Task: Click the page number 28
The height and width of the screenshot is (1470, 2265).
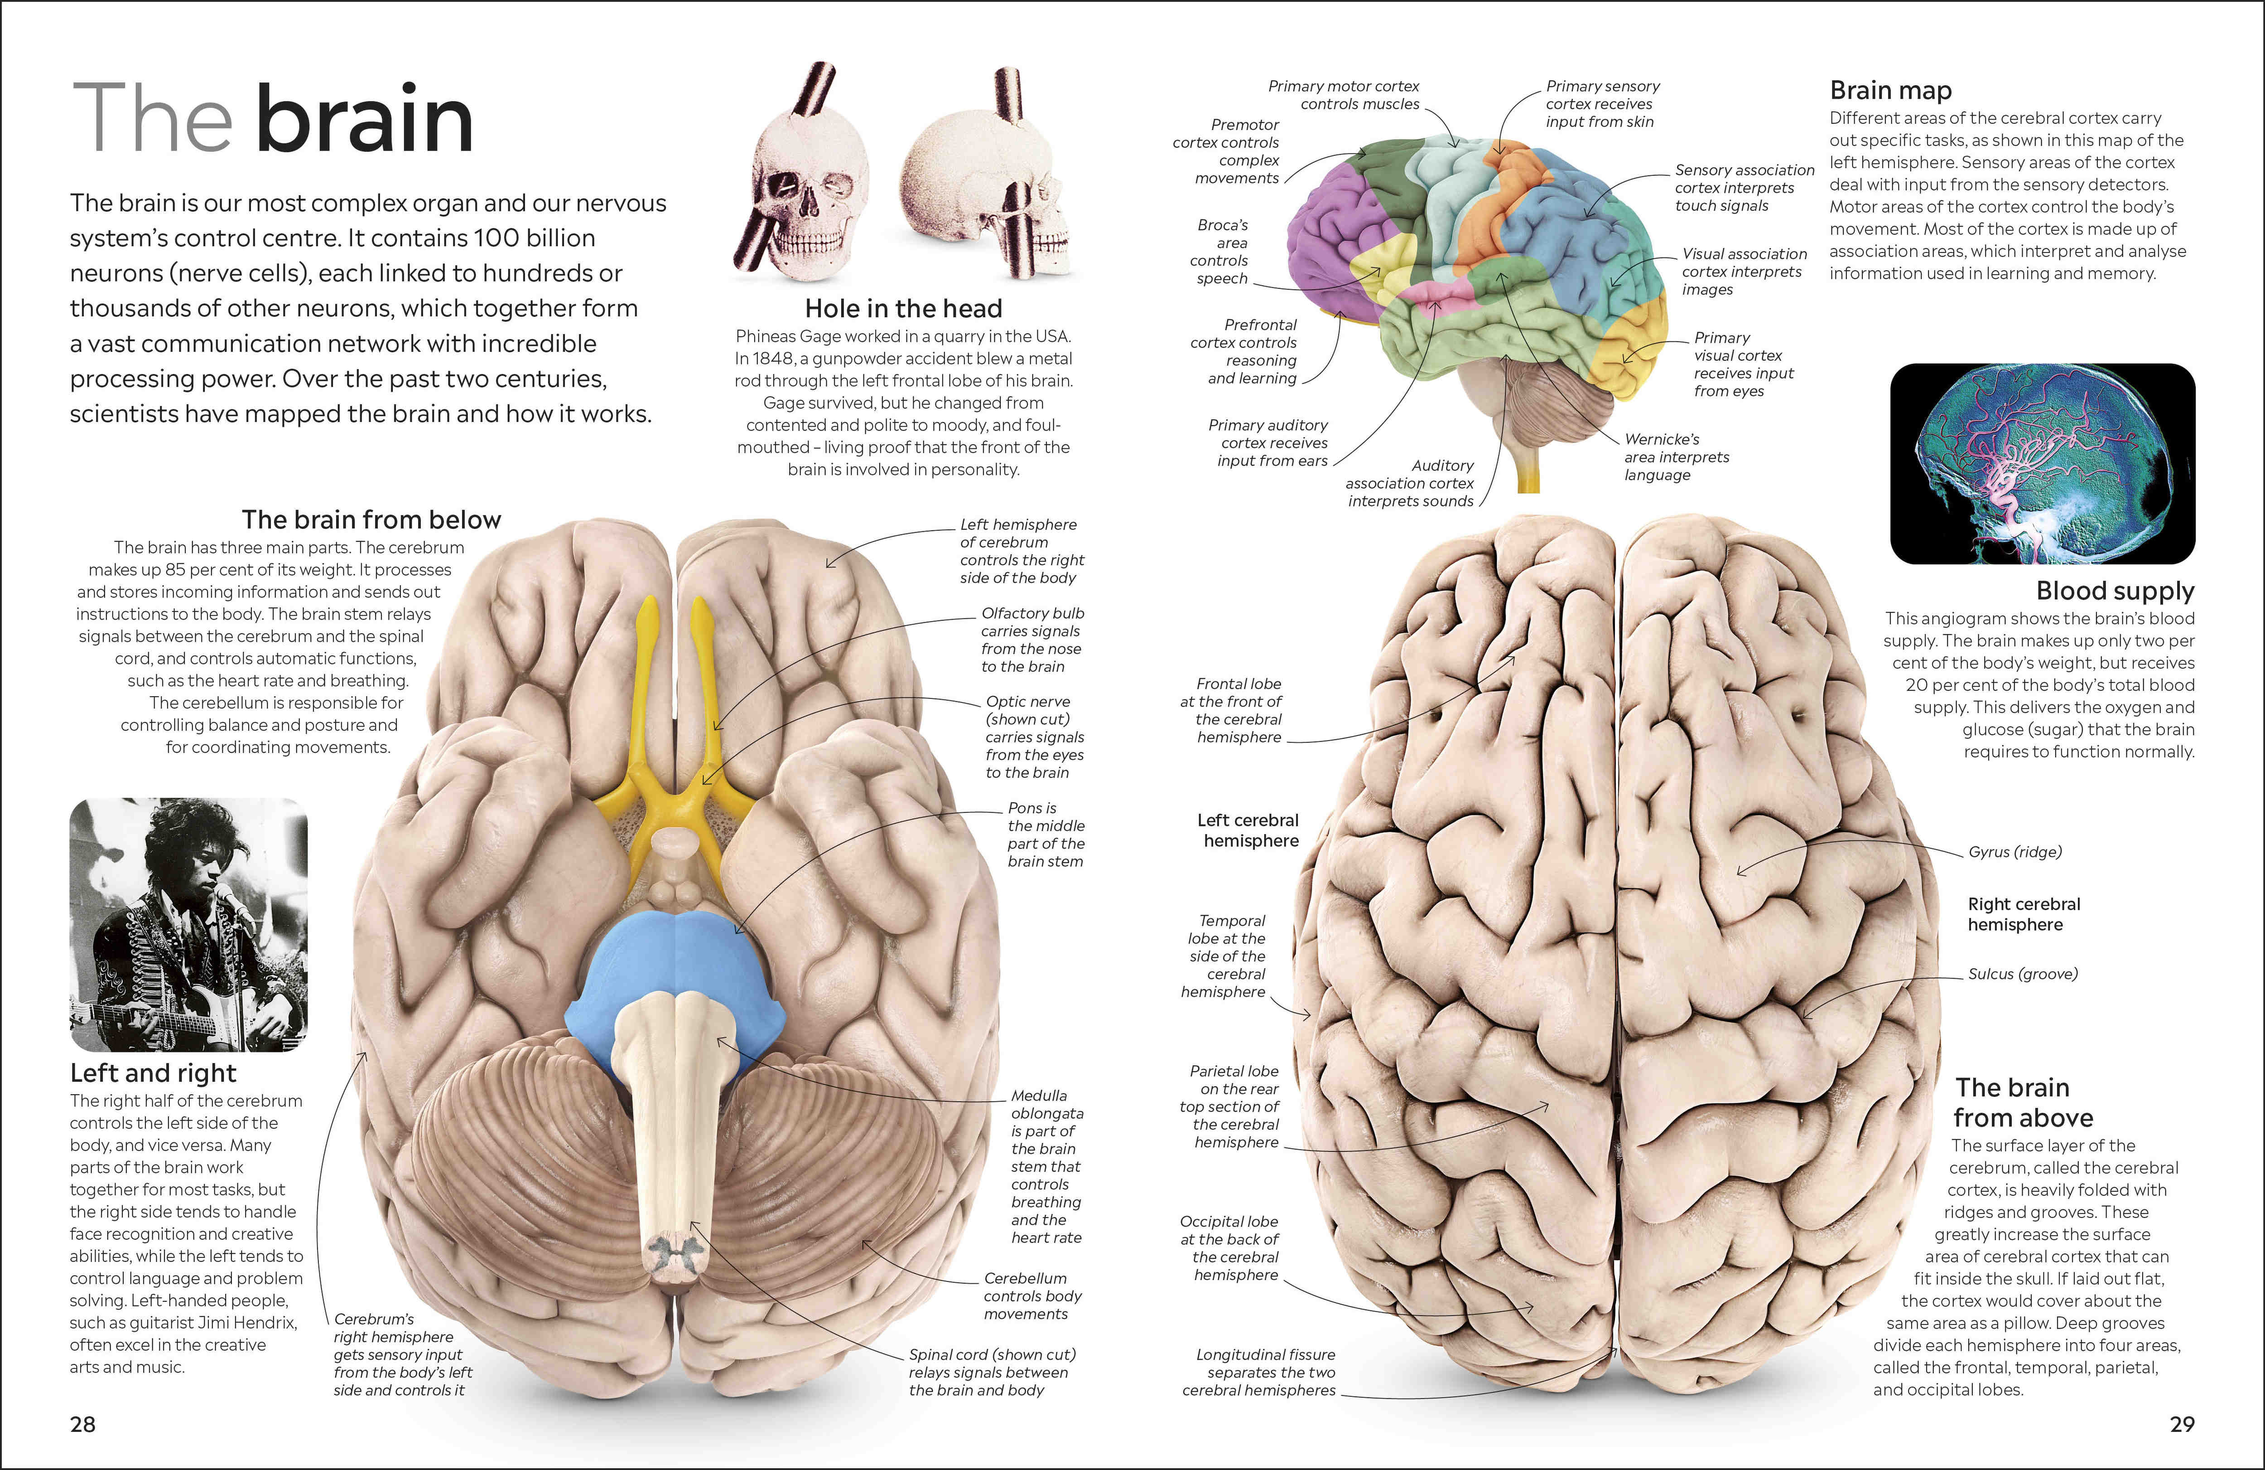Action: click(x=83, y=1424)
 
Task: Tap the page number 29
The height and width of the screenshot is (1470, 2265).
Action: click(x=2182, y=1424)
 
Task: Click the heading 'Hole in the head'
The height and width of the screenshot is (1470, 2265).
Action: click(x=903, y=309)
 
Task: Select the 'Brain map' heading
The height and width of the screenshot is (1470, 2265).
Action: click(x=1890, y=91)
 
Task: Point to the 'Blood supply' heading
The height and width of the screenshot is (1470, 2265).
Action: click(x=2115, y=591)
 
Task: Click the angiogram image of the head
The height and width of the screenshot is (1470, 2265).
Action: click(x=2042, y=464)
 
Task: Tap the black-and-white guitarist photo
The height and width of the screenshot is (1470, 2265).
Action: click(x=188, y=924)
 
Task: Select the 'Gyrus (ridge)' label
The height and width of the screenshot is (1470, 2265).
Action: click(x=2014, y=852)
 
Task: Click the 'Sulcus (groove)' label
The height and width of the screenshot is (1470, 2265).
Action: click(x=2022, y=974)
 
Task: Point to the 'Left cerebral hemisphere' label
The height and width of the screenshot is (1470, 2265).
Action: click(x=1248, y=830)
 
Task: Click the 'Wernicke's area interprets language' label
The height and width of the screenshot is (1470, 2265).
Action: click(x=1676, y=457)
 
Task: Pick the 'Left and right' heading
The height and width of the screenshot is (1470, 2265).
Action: click(x=153, y=1073)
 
